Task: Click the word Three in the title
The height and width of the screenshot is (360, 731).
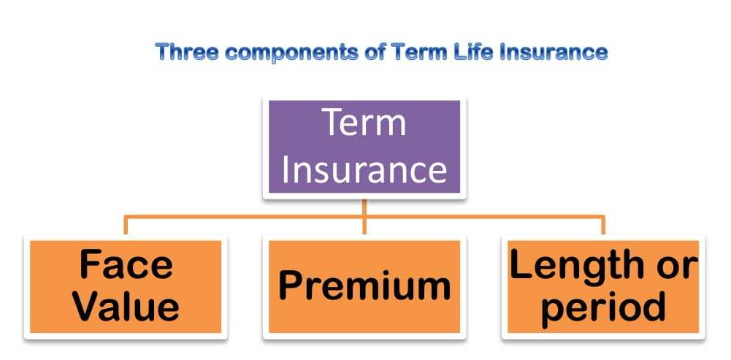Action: click(183, 53)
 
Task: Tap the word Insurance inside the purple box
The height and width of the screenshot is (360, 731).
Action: click(364, 169)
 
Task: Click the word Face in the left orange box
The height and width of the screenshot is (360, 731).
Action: click(126, 264)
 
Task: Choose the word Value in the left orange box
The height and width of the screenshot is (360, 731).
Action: click(126, 307)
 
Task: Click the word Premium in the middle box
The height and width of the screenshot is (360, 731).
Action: click(364, 286)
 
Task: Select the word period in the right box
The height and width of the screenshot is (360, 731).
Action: click(603, 307)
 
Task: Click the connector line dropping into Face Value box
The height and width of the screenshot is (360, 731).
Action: click(126, 225)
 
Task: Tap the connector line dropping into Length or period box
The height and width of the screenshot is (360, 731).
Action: click(603, 225)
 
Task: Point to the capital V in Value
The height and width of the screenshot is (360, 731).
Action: click(87, 307)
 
